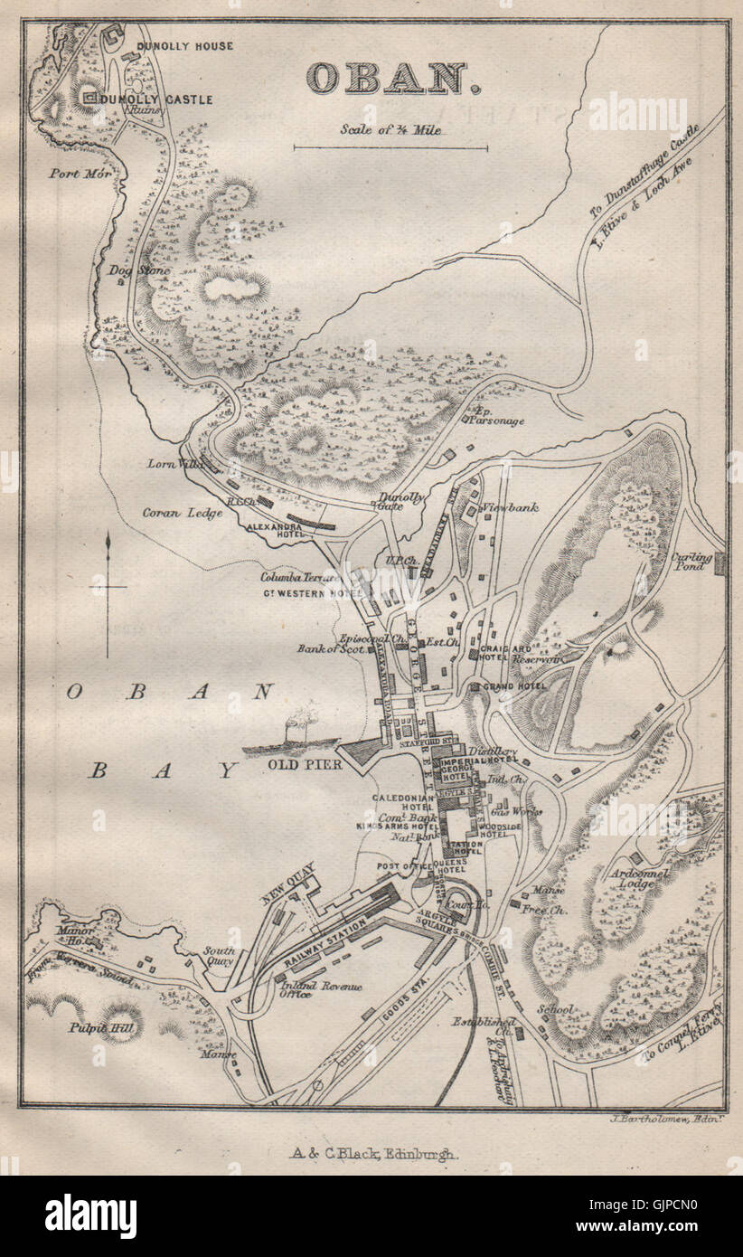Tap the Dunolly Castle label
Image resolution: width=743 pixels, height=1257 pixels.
click(x=160, y=99)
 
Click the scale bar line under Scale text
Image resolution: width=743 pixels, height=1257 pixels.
click(x=390, y=146)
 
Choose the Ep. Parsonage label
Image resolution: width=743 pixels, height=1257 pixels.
click(x=494, y=418)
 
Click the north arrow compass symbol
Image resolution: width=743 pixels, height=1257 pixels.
click(x=108, y=590)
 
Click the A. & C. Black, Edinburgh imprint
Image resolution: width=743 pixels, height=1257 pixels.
click(x=373, y=1154)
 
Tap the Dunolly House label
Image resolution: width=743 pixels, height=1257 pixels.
click(x=184, y=45)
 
